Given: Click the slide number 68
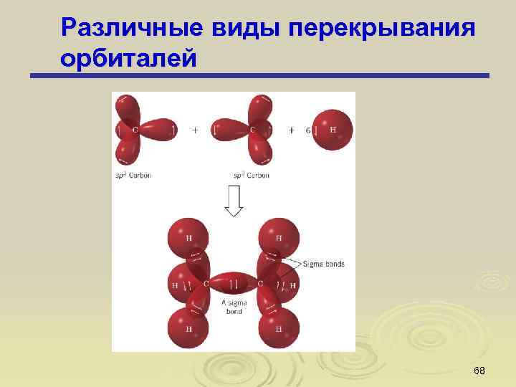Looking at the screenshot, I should tap(479, 370).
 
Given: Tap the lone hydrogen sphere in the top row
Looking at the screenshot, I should tap(333, 130).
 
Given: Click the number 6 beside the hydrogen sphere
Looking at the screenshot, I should tap(308, 130).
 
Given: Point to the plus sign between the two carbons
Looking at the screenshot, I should tap(195, 130).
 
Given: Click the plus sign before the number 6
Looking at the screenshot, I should tap(292, 130).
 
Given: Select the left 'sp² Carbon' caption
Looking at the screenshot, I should tap(133, 175).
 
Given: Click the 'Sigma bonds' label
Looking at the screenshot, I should tap(323, 264).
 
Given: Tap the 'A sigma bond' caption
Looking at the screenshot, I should tap(234, 307).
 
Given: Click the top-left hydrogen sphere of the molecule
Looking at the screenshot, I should tap(188, 238).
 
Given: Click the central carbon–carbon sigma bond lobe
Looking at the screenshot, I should tap(233, 284).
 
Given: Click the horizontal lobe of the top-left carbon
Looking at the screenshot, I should tap(159, 130).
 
